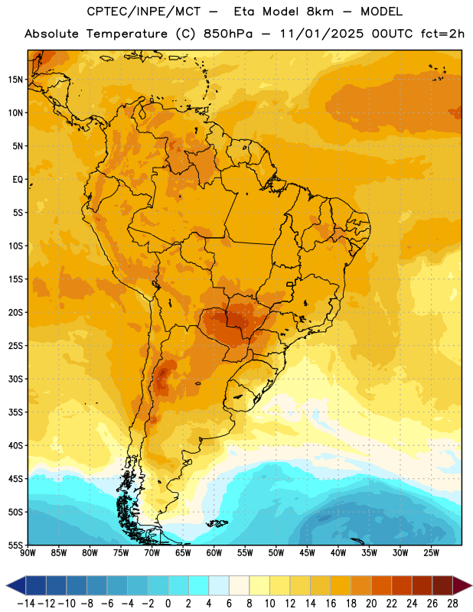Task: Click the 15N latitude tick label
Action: [15, 80]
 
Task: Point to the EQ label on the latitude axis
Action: [18, 180]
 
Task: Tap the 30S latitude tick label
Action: [15, 379]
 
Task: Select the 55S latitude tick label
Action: [15, 545]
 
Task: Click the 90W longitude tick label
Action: [28, 553]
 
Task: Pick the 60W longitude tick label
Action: [214, 553]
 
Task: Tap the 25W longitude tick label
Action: [431, 553]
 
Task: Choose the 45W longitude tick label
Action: [307, 553]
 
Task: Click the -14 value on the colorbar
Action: [26, 604]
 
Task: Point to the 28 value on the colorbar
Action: [452, 604]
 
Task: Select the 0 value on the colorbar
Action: [168, 604]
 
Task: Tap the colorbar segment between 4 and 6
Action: [219, 585]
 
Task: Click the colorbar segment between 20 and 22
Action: [382, 585]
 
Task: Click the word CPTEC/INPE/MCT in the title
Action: [143, 11]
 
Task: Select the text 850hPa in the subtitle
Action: [228, 34]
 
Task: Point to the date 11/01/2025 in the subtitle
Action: [321, 34]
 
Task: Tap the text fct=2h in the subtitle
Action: [442, 34]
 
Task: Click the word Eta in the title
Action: [243, 11]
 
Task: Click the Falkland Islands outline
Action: [217, 523]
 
